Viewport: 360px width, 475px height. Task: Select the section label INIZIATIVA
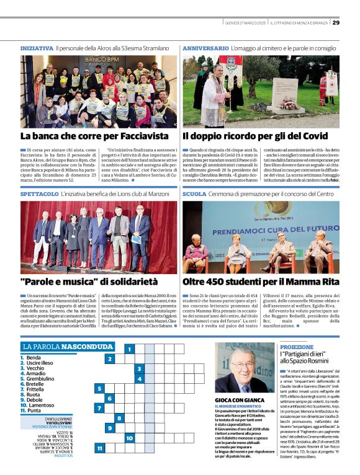point(37,48)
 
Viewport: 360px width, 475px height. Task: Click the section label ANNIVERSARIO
point(205,48)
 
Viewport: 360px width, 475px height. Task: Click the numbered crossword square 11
point(100,448)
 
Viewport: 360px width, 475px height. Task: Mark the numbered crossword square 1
point(129,349)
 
